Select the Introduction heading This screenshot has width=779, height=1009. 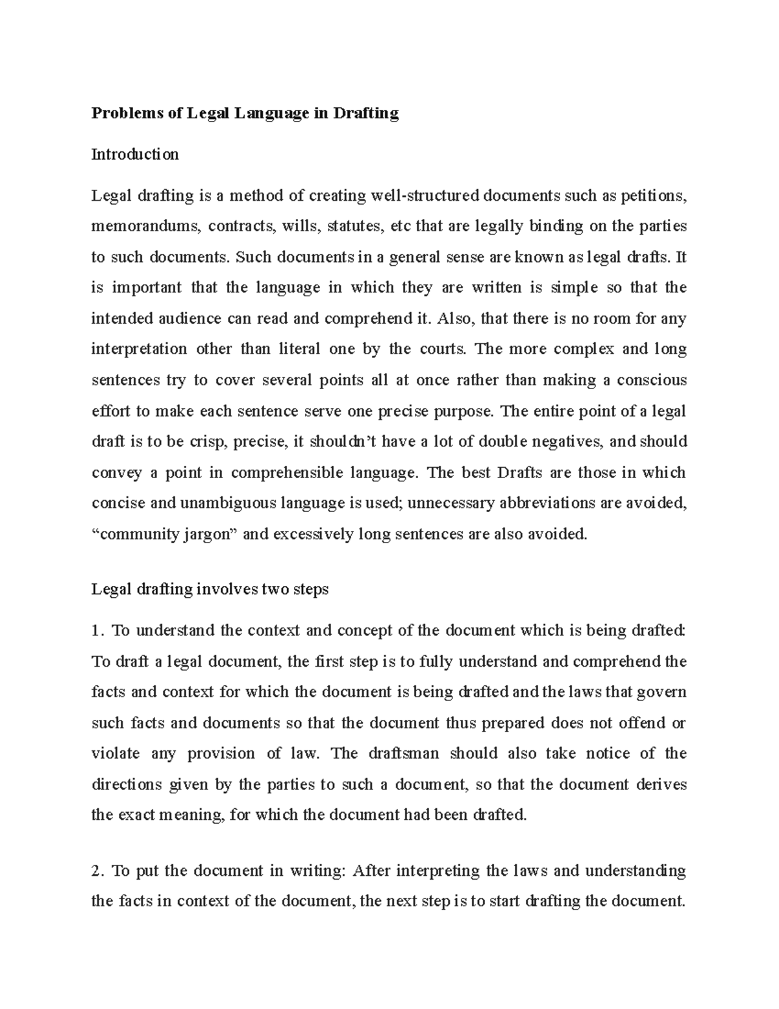tap(135, 155)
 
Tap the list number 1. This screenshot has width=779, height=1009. tap(97, 631)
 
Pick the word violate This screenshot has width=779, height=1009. tap(116, 754)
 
